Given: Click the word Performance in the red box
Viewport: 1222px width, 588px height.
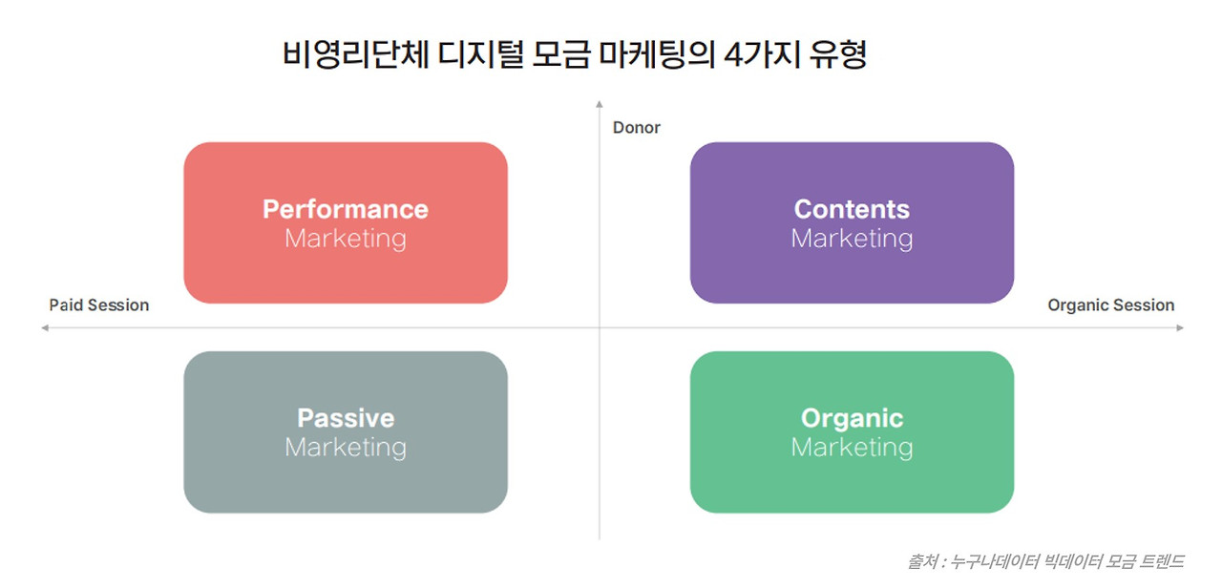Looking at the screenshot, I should click(x=346, y=209).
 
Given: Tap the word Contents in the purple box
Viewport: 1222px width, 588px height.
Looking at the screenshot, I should click(x=852, y=209).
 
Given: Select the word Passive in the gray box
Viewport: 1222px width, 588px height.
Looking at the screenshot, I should click(x=346, y=418).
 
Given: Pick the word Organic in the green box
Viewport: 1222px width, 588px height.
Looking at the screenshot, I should click(x=852, y=418).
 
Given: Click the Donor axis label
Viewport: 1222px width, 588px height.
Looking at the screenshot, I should click(x=637, y=128).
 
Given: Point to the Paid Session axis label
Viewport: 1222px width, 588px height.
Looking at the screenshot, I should click(x=99, y=305).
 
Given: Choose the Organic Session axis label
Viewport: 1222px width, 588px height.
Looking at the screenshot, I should click(x=1111, y=305).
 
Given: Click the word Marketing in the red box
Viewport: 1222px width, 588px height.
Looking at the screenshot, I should click(x=346, y=239).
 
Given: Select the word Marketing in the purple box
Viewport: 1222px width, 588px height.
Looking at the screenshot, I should click(x=852, y=239).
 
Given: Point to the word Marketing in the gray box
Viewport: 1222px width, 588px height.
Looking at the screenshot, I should click(x=346, y=447).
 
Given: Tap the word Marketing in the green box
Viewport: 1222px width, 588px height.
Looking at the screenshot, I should click(x=852, y=447).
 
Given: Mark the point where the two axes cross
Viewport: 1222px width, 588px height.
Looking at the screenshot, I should click(x=600, y=328).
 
